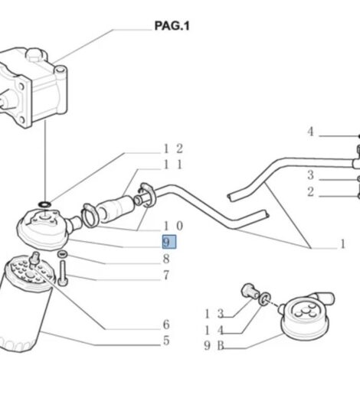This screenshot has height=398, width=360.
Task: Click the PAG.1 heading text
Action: (172, 26)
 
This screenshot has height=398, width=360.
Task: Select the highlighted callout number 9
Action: (169, 242)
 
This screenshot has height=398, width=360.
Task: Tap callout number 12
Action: (173, 148)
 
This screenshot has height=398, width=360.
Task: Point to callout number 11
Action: (173, 165)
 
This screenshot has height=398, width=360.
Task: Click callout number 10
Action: (173, 226)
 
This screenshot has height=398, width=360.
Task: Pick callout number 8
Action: (166, 259)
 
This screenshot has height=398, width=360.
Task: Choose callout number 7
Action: (166, 275)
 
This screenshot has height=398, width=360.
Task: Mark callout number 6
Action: (166, 325)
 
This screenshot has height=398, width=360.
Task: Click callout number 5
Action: (166, 341)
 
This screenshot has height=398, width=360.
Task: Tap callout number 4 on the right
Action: (310, 132)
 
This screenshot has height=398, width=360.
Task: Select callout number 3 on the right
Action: (310, 175)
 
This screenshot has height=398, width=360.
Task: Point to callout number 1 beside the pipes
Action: (343, 244)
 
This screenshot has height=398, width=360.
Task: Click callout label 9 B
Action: (214, 346)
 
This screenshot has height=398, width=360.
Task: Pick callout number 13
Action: (214, 314)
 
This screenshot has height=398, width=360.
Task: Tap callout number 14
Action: (214, 331)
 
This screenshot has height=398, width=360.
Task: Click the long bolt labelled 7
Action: (63, 273)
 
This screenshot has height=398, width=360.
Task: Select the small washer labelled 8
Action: (62, 254)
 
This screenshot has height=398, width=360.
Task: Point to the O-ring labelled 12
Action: (44, 204)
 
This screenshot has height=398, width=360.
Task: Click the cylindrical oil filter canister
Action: (25, 305)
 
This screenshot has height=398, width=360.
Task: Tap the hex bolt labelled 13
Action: (250, 292)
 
